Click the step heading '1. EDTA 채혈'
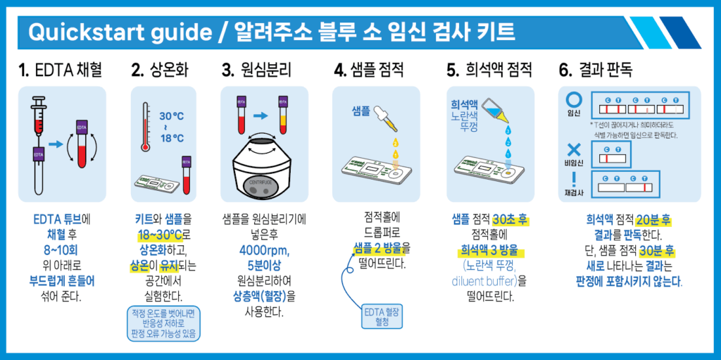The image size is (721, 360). click(x=61, y=70)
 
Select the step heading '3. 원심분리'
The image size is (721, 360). click(x=256, y=70)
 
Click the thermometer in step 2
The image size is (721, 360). click(x=146, y=127)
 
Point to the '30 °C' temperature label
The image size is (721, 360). click(x=171, y=116)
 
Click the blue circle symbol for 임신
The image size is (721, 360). click(x=575, y=99)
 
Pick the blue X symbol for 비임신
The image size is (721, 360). click(x=575, y=149)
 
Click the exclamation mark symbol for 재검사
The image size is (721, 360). click(x=575, y=180)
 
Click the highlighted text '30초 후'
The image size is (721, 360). click(x=510, y=219)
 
